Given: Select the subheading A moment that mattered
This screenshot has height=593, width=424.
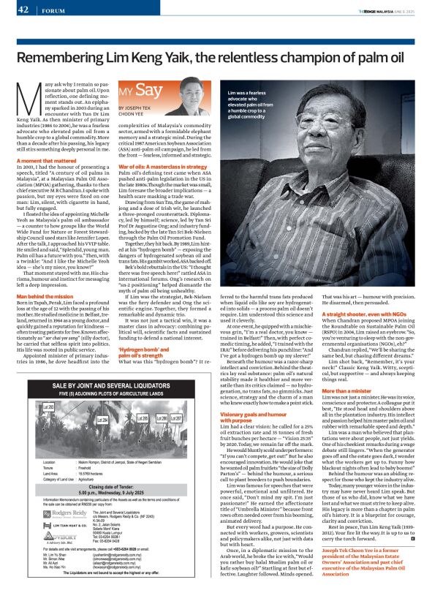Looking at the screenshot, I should click(x=48, y=160).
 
